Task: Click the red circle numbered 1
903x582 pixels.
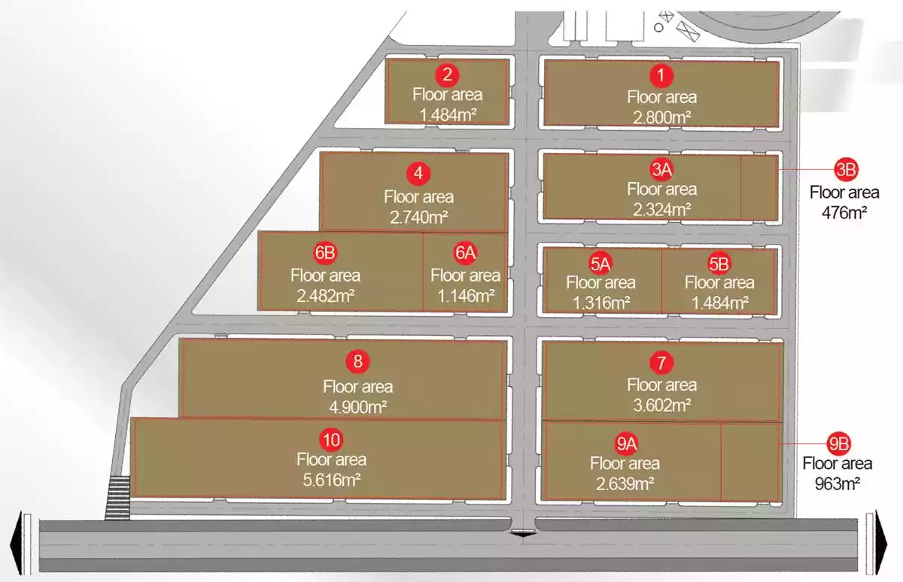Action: pyautogui.click(x=661, y=75)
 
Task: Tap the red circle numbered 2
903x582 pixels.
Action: pyautogui.click(x=448, y=75)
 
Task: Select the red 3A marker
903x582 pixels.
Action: pyautogui.click(x=661, y=169)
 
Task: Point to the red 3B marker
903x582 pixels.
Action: pyautogui.click(x=846, y=170)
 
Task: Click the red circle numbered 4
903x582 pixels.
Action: pyautogui.click(x=418, y=174)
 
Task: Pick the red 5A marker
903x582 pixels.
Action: pyautogui.click(x=600, y=263)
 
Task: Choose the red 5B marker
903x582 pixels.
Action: pyautogui.click(x=719, y=263)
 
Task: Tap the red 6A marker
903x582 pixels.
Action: pyautogui.click(x=465, y=253)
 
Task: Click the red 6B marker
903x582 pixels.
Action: pyautogui.click(x=325, y=253)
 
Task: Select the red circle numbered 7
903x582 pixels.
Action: pyautogui.click(x=661, y=363)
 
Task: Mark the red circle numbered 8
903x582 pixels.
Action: pyautogui.click(x=357, y=361)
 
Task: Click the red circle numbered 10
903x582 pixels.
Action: pyautogui.click(x=331, y=438)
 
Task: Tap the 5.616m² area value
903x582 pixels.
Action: pyautogui.click(x=331, y=480)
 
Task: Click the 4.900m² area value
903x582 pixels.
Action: pyautogui.click(x=357, y=407)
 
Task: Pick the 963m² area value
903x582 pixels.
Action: pyautogui.click(x=838, y=483)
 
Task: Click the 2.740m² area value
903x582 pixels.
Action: pyautogui.click(x=418, y=218)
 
